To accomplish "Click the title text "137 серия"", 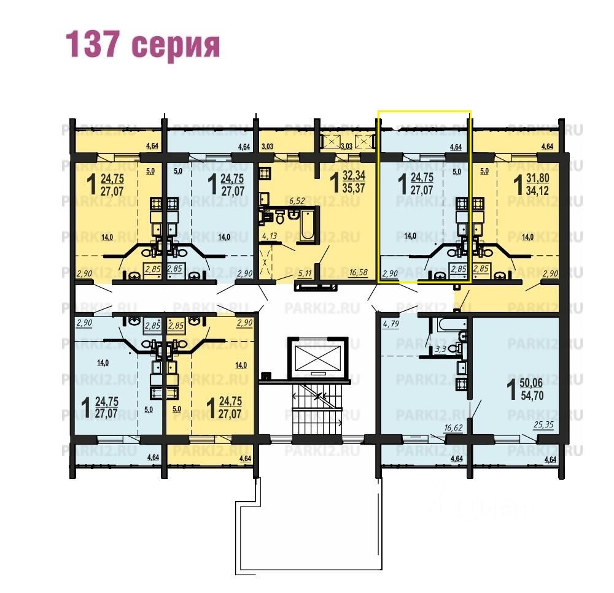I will tap(142, 45).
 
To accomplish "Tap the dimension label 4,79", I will tap(391, 324).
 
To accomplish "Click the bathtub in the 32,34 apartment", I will tap(307, 225).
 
